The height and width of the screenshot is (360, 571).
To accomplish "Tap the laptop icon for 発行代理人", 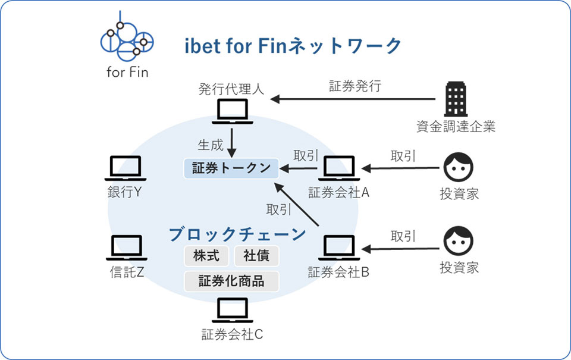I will pyautogui.click(x=231, y=111).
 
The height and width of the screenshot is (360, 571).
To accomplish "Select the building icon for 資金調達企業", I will pyautogui.click(x=456, y=99).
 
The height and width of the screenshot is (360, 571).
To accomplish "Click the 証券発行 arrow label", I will pyautogui.click(x=355, y=86).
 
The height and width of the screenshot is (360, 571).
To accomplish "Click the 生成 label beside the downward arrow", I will pyautogui.click(x=210, y=145).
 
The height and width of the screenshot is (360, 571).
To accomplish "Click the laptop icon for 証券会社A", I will pyautogui.click(x=338, y=168).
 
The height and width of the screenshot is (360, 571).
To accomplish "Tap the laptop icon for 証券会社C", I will pyautogui.click(x=232, y=309).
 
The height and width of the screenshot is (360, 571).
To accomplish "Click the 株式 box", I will pyautogui.click(x=207, y=256).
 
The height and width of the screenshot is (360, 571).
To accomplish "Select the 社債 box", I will pyautogui.click(x=256, y=256).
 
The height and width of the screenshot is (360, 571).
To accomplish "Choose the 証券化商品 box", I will pyautogui.click(x=231, y=281).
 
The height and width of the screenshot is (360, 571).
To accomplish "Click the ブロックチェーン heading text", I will pyautogui.click(x=237, y=234).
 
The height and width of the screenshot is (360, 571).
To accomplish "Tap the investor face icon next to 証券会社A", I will pyautogui.click(x=459, y=167).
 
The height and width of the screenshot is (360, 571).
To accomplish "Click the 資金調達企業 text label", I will pyautogui.click(x=456, y=126).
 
